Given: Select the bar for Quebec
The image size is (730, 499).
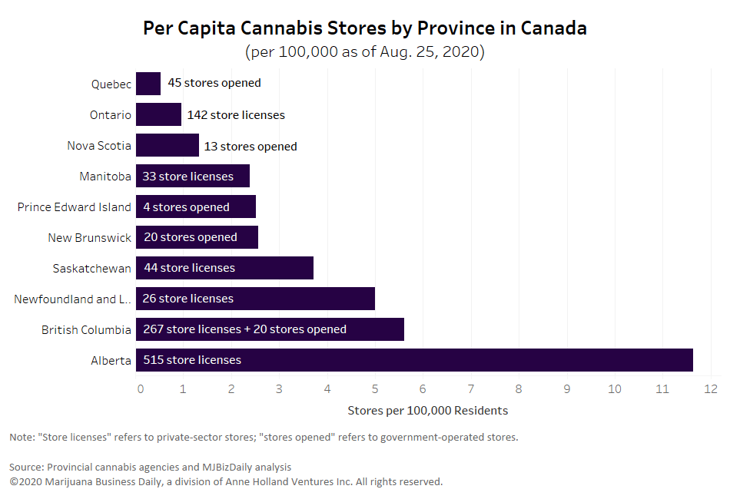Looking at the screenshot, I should tap(148, 84).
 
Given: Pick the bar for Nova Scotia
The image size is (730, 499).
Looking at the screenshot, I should tap(168, 145).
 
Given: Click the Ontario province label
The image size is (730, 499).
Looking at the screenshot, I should tap(110, 115).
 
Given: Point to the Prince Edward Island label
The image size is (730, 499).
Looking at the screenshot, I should tap(75, 207).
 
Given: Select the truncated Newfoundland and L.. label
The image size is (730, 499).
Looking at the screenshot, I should tap(72, 299).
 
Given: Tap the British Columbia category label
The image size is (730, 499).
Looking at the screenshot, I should tap(86, 330).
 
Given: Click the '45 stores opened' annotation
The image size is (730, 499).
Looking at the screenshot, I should tap(214, 83).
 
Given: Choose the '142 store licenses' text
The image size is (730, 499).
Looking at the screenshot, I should tap(236, 115).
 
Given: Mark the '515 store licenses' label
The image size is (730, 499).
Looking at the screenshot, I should tap(192, 360).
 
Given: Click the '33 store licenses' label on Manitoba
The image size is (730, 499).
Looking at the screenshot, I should tap(187, 177).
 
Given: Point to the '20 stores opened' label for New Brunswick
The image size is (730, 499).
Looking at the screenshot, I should tap(191, 237).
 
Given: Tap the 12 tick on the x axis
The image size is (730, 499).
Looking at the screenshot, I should tap(710, 389).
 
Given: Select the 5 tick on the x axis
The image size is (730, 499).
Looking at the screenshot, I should tap(375, 389).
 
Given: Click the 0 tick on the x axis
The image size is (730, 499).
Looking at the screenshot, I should tap(140, 389).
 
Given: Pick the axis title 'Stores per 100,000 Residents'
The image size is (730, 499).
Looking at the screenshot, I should tap(427, 411).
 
